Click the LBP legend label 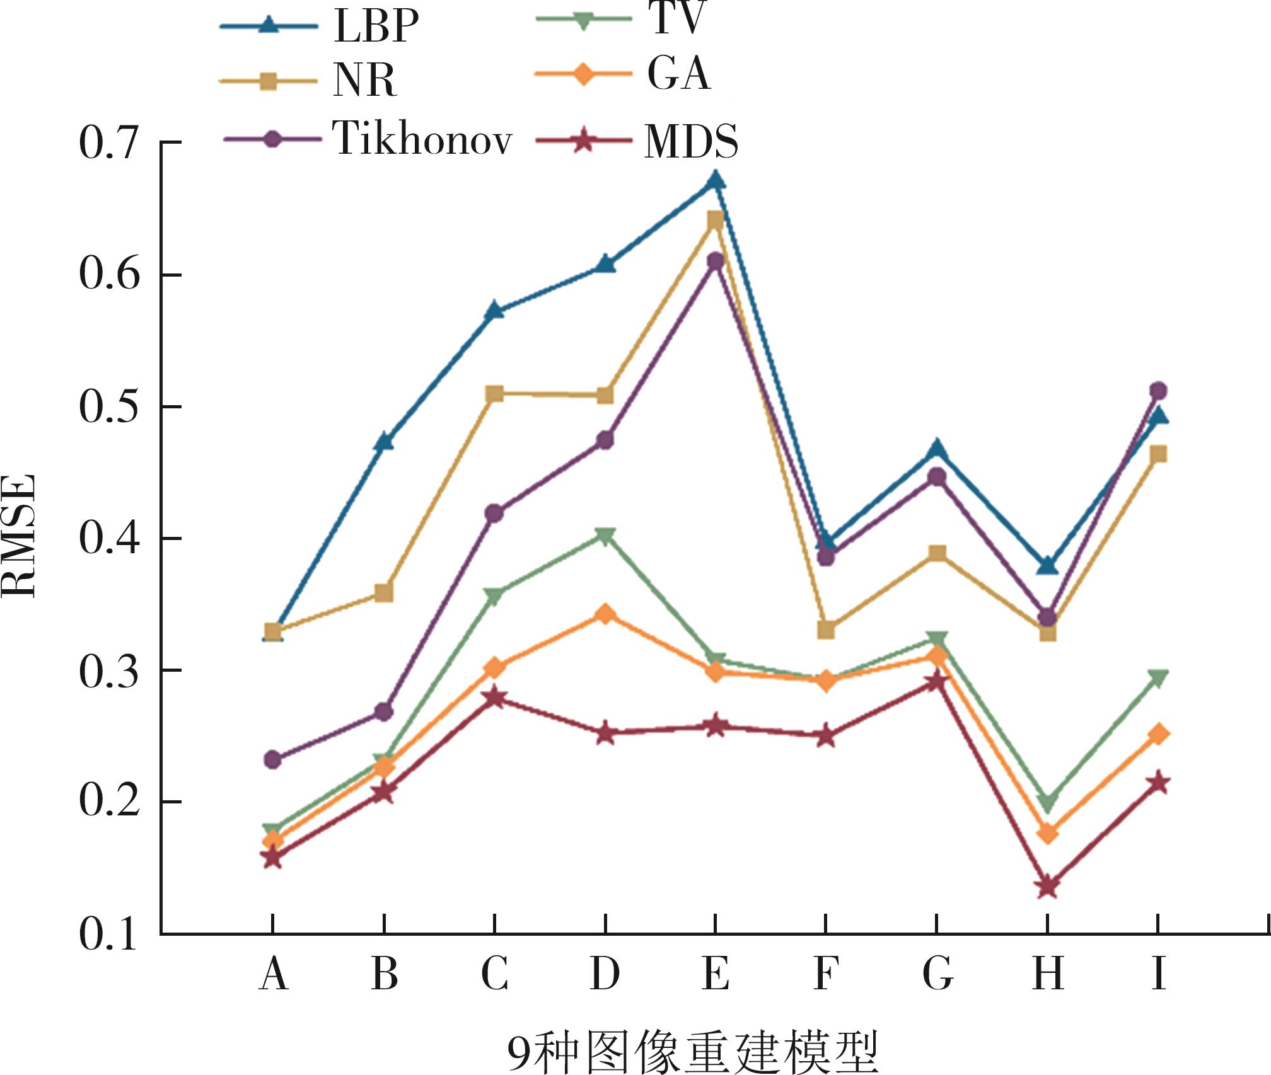click(376, 26)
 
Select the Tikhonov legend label click(422, 138)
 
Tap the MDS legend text click(691, 141)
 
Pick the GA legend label click(679, 74)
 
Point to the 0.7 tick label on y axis click(108, 143)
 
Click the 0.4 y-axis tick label click(108, 539)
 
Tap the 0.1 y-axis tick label click(108, 934)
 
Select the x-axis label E click(716, 973)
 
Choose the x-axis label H click(1048, 973)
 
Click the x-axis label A click(273, 973)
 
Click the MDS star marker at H click(1048, 887)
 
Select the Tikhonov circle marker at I click(1158, 391)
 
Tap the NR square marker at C click(495, 394)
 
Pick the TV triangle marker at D click(605, 536)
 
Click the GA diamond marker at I click(1158, 734)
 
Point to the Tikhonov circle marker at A click(273, 759)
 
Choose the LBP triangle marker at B click(384, 442)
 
